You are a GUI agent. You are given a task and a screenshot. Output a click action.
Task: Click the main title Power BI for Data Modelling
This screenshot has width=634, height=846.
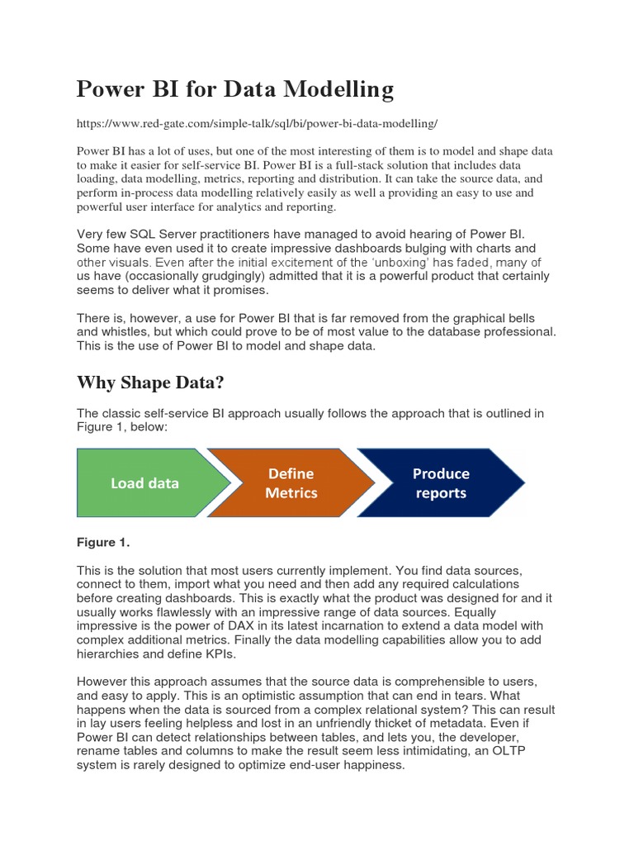[235, 88]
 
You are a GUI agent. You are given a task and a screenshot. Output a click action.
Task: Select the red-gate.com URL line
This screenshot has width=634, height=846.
[257, 123]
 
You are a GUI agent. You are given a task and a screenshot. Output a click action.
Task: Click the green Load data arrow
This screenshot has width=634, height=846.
[145, 483]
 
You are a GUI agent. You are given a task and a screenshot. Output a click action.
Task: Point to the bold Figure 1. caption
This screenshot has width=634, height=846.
[104, 542]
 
